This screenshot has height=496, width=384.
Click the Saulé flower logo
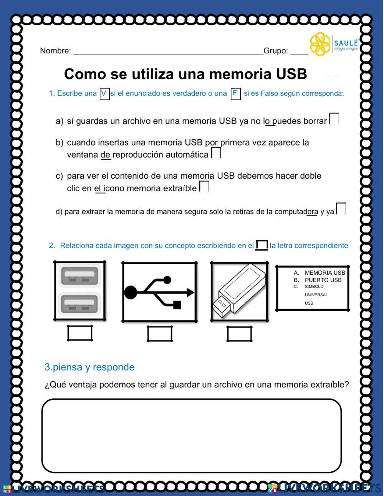[x=320, y=44]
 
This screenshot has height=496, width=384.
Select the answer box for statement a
[x=334, y=119]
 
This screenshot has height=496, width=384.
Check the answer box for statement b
[x=216, y=153]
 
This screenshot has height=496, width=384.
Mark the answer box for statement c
[x=204, y=186]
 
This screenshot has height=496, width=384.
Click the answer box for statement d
[x=341, y=209]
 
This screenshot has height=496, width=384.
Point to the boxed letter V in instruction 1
[x=105, y=93]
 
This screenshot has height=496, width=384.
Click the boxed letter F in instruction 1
[x=236, y=93]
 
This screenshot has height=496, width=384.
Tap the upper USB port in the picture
[x=79, y=277]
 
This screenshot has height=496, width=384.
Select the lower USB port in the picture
[x=79, y=305]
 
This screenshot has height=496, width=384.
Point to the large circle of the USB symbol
[x=130, y=292]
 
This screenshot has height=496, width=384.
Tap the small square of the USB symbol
[x=177, y=305]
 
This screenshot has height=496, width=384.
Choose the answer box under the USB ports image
[x=80, y=333]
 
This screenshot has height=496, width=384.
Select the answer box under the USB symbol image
[x=160, y=334]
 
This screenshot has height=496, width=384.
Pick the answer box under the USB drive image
[x=239, y=334]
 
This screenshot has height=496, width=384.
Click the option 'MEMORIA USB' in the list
[x=324, y=273]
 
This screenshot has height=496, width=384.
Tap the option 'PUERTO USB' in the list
[x=323, y=280]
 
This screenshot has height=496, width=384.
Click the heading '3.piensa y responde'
[x=89, y=367]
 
